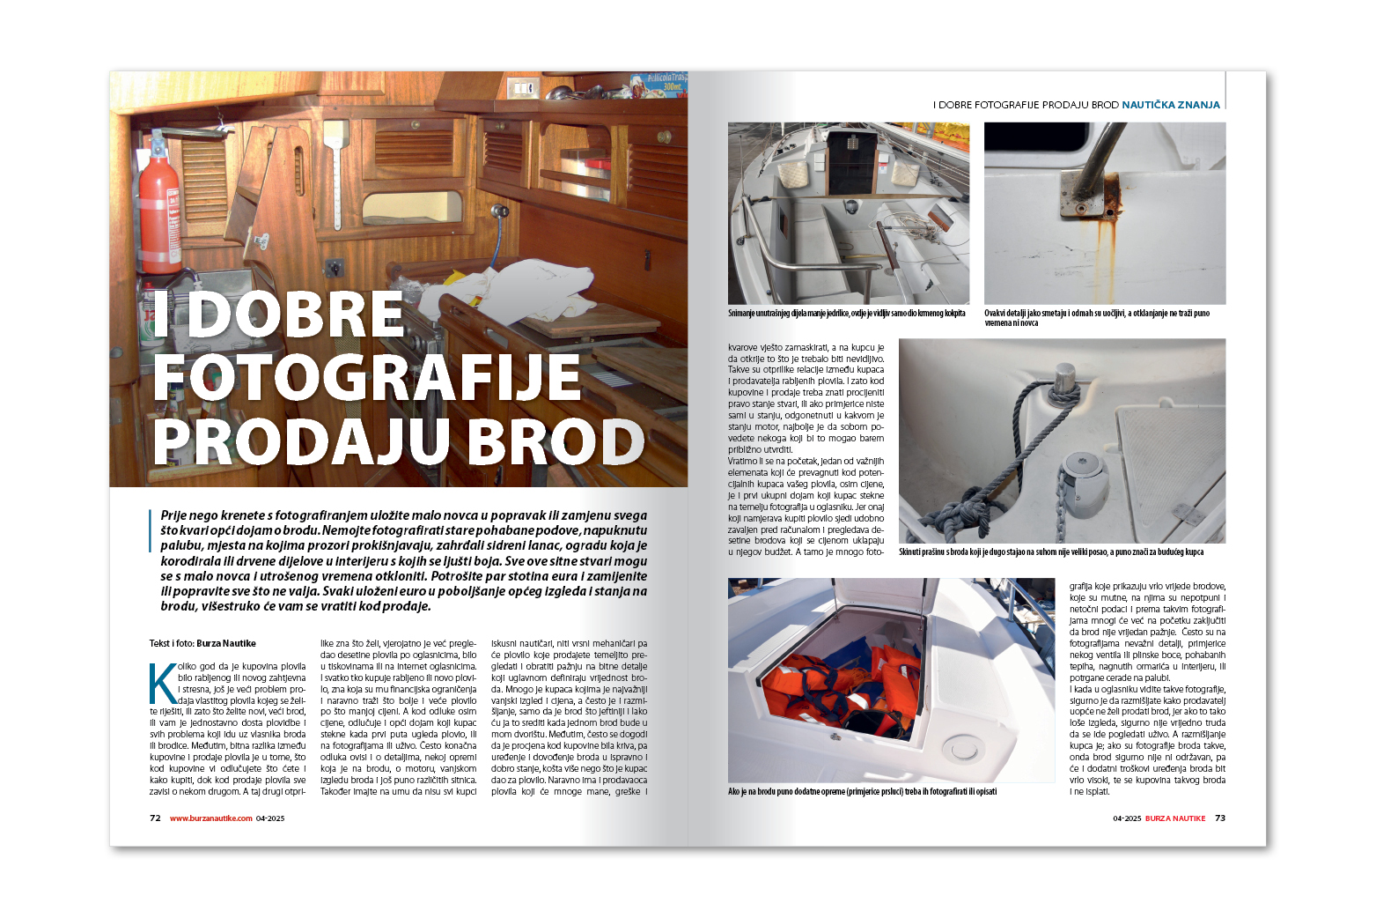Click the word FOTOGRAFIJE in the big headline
367,378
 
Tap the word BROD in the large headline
556,441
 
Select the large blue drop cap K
163,684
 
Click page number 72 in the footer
155,818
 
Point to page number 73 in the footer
1220,818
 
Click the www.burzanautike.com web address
211,818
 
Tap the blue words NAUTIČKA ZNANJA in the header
1171,105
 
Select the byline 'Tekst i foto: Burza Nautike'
202,643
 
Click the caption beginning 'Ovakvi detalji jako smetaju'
1097,318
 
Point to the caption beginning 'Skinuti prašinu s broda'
1050,552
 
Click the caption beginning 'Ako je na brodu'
862,792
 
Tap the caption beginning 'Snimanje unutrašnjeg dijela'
846,314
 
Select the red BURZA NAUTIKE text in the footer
1175,818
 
